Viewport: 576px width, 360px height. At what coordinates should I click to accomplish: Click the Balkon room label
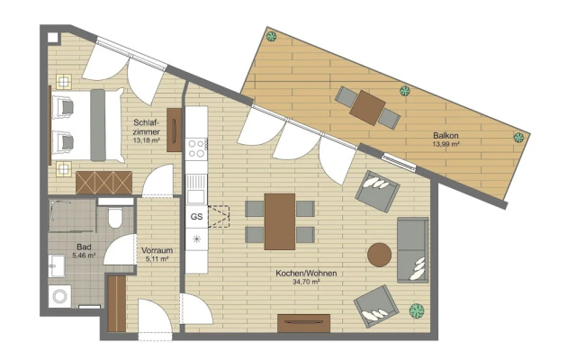point(445,136)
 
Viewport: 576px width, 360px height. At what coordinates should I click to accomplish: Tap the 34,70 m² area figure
point(306,282)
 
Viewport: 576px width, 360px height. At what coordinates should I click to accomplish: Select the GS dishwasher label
point(196,217)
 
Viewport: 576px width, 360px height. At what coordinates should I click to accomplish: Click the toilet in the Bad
point(115,218)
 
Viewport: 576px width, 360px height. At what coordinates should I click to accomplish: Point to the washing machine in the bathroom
point(60,296)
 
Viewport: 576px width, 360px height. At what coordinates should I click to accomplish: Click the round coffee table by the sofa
point(380,255)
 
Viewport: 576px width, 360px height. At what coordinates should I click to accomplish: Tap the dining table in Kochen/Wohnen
point(280,221)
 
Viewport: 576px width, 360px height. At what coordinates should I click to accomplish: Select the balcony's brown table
point(368,108)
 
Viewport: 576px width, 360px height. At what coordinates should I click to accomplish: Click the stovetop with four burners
point(196,148)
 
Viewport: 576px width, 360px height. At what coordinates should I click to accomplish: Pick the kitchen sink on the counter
point(196,189)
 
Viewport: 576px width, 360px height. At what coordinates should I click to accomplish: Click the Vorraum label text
point(157,250)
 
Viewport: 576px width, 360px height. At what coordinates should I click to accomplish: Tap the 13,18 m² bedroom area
point(146,140)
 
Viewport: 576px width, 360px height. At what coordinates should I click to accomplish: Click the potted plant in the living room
point(417,310)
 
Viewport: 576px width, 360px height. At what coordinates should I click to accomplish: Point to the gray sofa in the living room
point(413,250)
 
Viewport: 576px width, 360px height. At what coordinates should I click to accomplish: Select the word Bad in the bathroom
point(84,247)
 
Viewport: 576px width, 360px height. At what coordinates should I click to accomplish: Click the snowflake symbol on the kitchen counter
point(196,239)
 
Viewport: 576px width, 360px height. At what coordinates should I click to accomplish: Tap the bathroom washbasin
point(57,266)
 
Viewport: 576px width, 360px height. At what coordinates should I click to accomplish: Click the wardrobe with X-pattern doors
point(104,183)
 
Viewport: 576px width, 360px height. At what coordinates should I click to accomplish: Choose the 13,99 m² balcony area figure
point(446,144)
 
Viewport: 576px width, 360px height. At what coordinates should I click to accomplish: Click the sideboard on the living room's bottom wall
point(304,324)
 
